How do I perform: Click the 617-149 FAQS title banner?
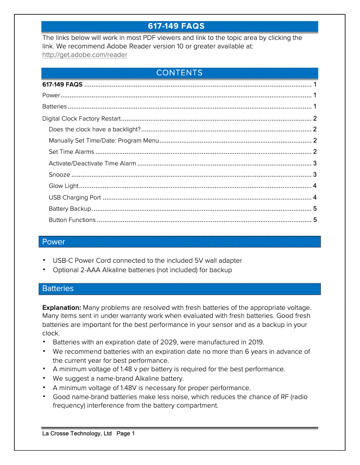click(180, 26)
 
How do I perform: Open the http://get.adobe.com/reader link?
click(84, 55)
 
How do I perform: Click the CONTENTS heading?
click(180, 73)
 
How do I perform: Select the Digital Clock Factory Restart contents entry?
click(81, 119)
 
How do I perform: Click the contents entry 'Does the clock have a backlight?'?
click(95, 130)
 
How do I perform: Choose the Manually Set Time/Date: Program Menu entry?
click(104, 141)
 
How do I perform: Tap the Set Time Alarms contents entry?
click(71, 152)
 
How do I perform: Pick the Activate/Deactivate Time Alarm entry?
click(92, 164)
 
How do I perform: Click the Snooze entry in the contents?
click(59, 175)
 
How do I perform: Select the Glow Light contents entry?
click(63, 186)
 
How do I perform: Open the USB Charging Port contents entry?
click(75, 197)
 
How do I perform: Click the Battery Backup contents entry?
click(70, 209)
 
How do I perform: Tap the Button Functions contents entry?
click(72, 220)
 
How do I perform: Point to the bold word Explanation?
click(61, 308)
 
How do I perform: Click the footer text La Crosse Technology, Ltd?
click(77, 434)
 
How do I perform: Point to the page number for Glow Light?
click(315, 186)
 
